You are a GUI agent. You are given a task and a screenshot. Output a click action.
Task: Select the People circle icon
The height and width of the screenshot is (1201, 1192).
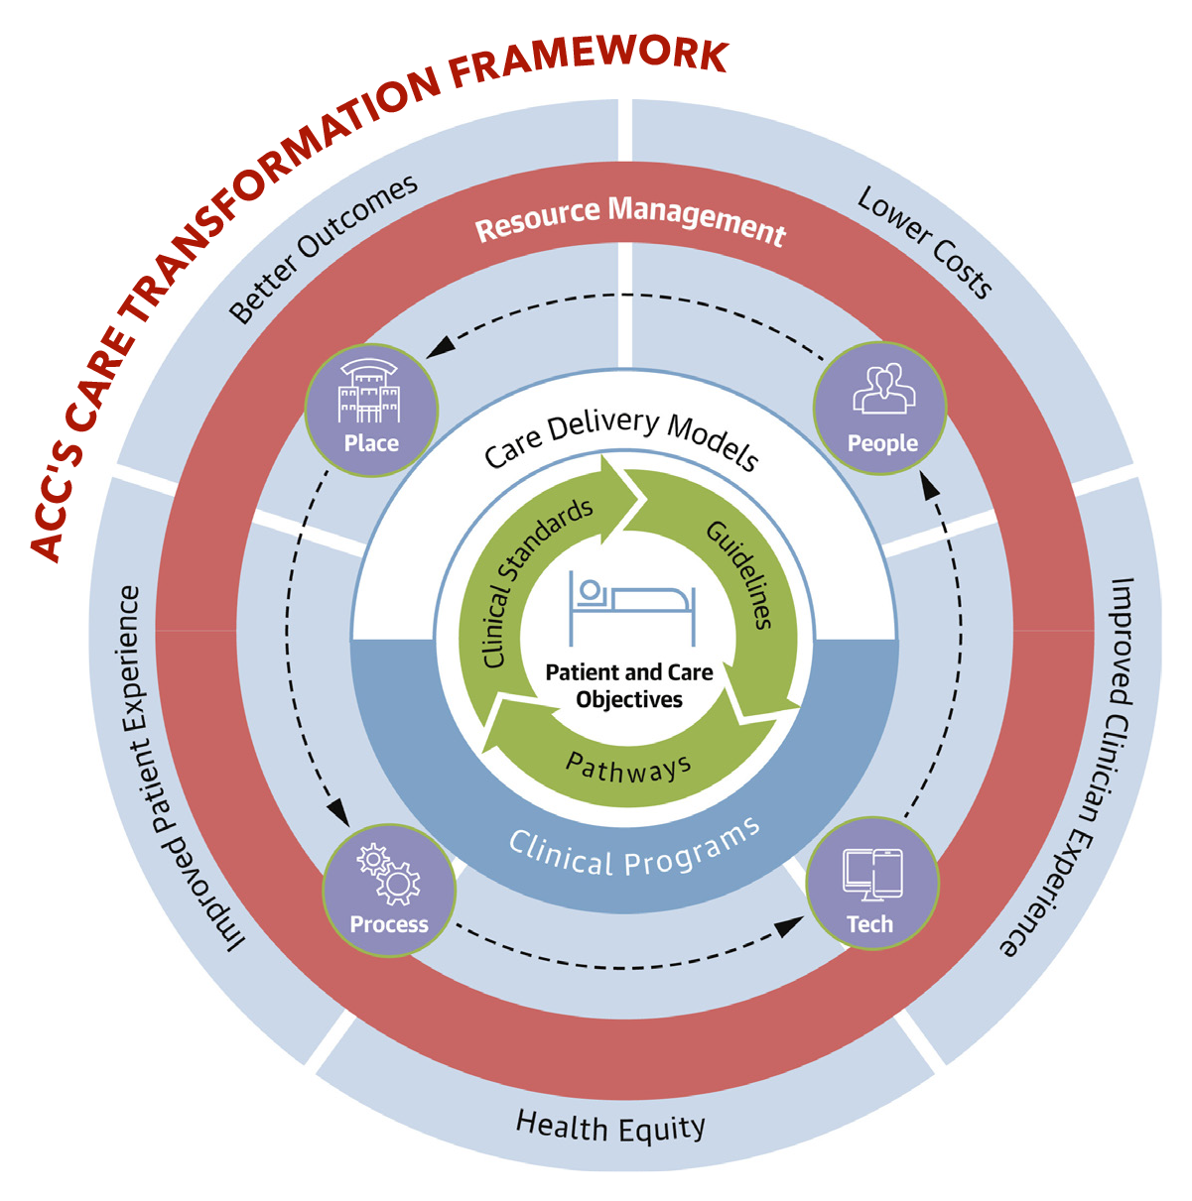pyautogui.click(x=880, y=409)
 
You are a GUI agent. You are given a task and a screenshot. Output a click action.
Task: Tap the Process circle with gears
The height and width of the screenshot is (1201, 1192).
pyautogui.click(x=389, y=891)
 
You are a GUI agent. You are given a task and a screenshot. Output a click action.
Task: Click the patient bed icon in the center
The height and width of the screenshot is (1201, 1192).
pyautogui.click(x=630, y=607)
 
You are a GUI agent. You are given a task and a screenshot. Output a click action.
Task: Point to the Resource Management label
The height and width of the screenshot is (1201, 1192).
pyautogui.click(x=630, y=219)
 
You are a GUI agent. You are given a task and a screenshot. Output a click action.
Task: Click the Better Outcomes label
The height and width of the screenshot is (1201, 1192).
pyautogui.click(x=323, y=250)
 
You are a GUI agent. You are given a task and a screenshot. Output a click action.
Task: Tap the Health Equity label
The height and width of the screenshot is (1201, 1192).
pyautogui.click(x=610, y=1127)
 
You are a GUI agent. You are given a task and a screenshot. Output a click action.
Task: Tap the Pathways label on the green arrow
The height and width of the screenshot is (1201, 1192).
pyautogui.click(x=628, y=768)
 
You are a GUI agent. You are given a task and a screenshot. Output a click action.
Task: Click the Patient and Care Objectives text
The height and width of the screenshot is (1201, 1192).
pyautogui.click(x=629, y=685)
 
